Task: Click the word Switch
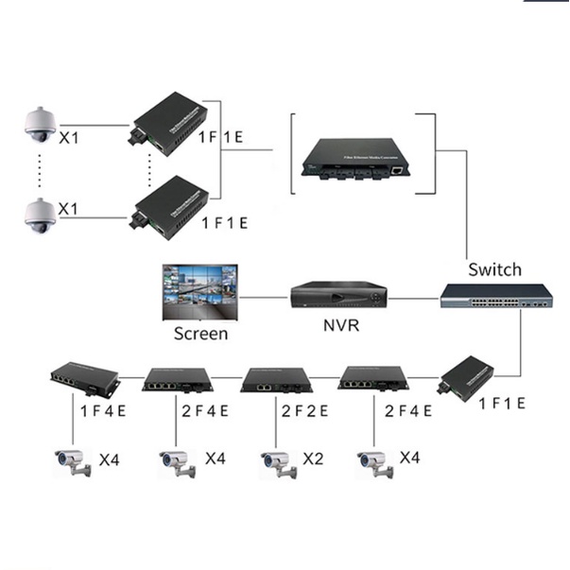point(493,270)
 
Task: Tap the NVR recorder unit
point(337,298)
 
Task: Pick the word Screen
point(200,334)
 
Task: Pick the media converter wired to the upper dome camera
point(170,120)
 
